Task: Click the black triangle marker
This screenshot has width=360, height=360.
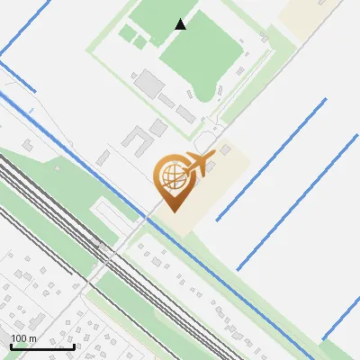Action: click(181, 24)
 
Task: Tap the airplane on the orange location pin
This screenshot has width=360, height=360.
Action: click(197, 165)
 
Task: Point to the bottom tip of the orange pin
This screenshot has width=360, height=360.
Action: click(170, 211)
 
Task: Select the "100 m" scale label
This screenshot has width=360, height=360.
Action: click(22, 338)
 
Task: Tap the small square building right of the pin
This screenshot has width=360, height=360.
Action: click(226, 149)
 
